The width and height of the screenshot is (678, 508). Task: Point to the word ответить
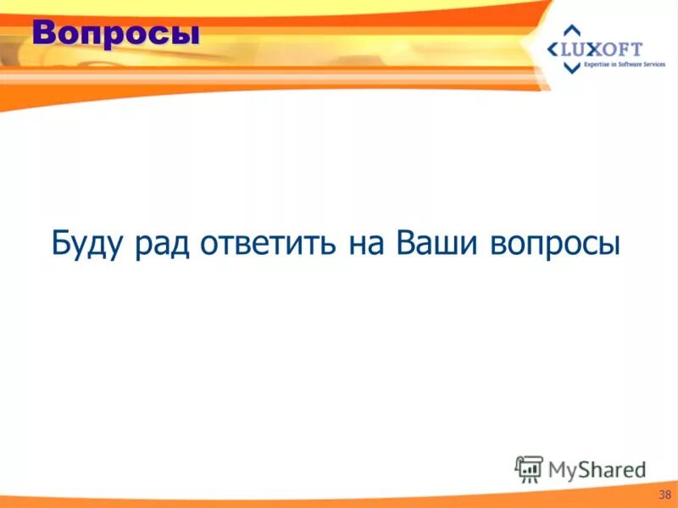point(269,243)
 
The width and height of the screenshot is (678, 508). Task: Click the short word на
point(367,244)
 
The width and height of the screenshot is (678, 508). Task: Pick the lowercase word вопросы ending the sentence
point(555,245)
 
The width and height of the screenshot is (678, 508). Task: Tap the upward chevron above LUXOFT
point(572,30)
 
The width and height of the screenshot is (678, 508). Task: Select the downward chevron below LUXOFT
point(572,69)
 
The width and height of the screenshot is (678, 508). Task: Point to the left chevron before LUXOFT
point(553,49)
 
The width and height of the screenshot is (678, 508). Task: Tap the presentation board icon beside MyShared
point(529,468)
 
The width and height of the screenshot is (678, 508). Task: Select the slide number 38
point(664,494)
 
